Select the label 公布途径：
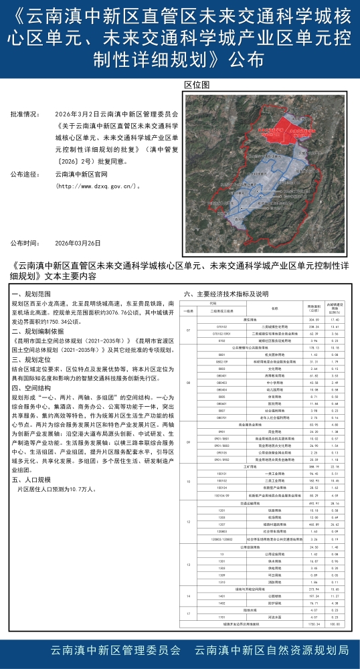[25, 174]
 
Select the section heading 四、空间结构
[31, 387]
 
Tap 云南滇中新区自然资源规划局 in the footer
[271, 650]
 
